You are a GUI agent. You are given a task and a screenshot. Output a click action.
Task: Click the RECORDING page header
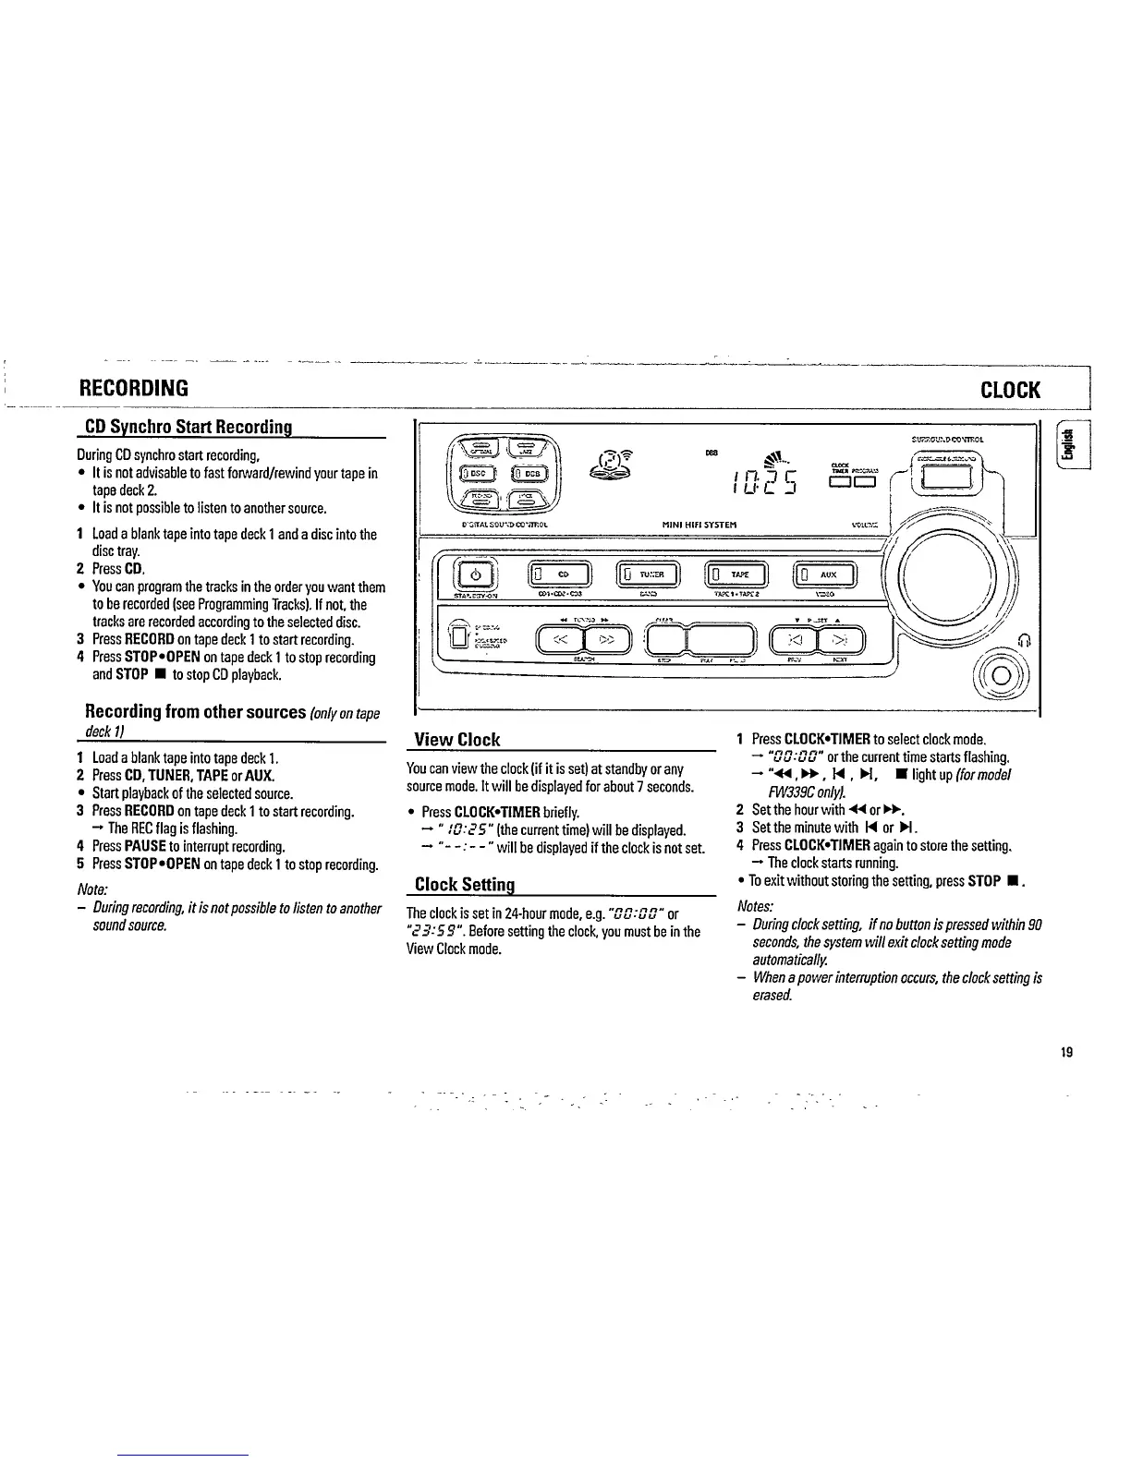pos(135,388)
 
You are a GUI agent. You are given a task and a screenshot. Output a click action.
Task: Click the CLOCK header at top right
pos(1010,390)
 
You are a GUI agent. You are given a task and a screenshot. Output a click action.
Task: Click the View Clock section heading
pos(456,739)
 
